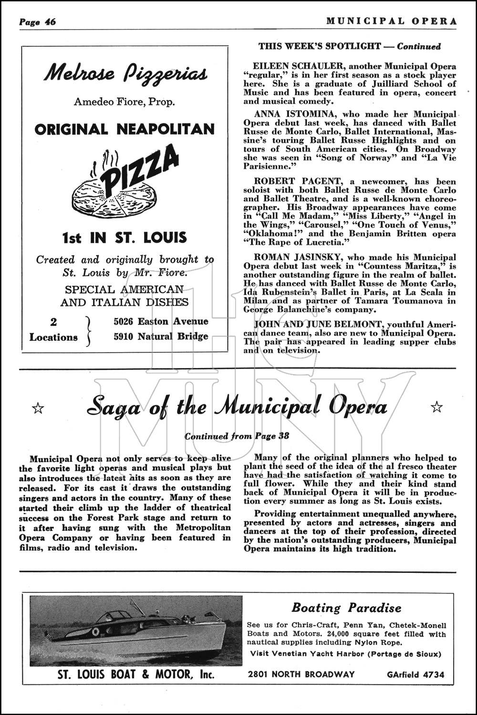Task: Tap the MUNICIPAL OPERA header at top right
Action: pyautogui.click(x=392, y=21)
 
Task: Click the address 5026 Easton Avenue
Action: pyautogui.click(x=161, y=321)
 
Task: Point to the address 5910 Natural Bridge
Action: pyautogui.click(x=161, y=337)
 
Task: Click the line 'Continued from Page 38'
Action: pyautogui.click(x=237, y=436)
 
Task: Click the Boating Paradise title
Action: pyautogui.click(x=346, y=608)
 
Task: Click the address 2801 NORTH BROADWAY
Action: pyautogui.click(x=301, y=674)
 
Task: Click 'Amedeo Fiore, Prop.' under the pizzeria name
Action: pyautogui.click(x=124, y=102)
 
